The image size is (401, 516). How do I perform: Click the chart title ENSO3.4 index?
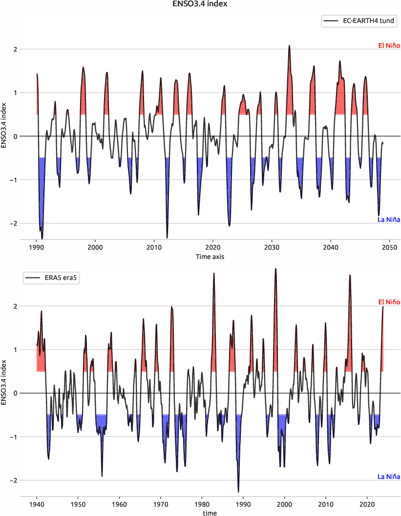click(200, 4)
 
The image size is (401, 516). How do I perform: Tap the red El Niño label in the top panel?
click(389, 46)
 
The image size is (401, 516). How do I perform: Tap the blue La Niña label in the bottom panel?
click(389, 476)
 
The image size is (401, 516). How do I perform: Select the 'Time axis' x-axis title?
click(210, 257)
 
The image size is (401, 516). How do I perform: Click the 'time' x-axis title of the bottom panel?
click(210, 513)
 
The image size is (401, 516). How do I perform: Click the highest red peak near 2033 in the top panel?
click(289, 46)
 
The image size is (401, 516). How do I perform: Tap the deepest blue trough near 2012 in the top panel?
click(167, 237)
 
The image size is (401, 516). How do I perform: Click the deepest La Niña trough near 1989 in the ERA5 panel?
click(238, 491)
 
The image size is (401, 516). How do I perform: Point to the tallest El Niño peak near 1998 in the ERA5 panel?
click(275, 269)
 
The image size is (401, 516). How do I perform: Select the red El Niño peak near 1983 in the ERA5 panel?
click(214, 274)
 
